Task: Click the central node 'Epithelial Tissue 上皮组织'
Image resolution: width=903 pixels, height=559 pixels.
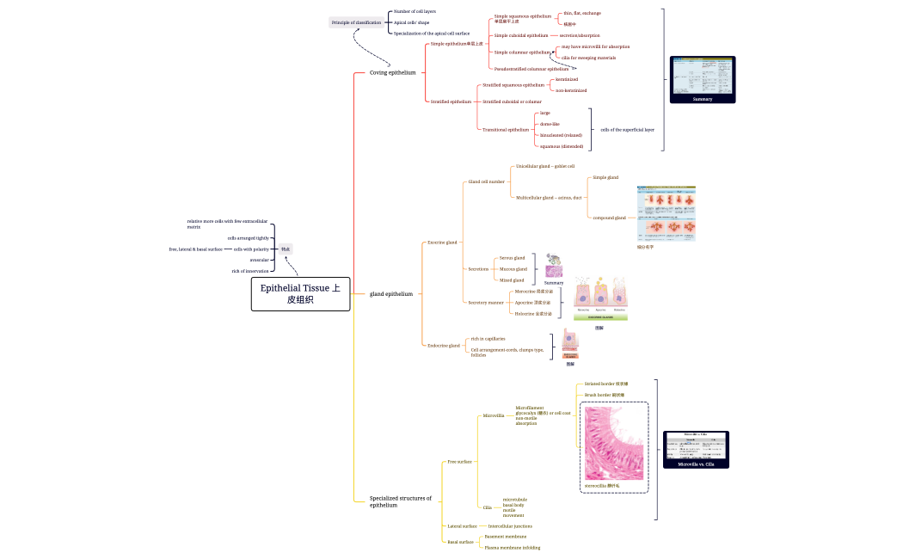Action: [x=300, y=293]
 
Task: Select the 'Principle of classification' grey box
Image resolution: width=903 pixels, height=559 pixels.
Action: [x=356, y=21]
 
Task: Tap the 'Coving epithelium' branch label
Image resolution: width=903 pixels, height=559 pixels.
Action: [x=392, y=72]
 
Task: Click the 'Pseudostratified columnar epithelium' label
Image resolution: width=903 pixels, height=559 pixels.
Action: [x=531, y=68]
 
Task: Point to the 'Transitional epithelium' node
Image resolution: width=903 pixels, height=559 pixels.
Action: [x=506, y=130]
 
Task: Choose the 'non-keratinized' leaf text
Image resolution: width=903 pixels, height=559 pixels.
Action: [x=571, y=90]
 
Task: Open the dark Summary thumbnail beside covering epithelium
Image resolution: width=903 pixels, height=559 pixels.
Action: [x=703, y=79]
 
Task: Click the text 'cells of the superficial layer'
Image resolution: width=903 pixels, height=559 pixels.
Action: [x=627, y=130]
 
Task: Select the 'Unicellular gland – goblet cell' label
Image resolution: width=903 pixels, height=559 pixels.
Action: [x=544, y=166]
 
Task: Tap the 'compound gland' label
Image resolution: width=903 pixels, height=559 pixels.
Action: [x=609, y=218]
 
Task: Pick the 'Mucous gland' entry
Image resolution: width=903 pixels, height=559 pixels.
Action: [x=513, y=268]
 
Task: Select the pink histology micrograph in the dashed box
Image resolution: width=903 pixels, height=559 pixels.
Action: [x=614, y=444]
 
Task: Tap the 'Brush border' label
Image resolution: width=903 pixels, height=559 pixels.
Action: [x=605, y=395]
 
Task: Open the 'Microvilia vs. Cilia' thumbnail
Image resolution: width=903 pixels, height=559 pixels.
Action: [x=696, y=449]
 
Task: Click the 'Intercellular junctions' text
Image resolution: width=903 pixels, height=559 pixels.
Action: [x=509, y=525]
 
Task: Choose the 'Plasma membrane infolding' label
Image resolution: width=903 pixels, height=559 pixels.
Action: [x=513, y=547]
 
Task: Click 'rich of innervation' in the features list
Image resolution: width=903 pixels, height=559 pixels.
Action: [x=250, y=271]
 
